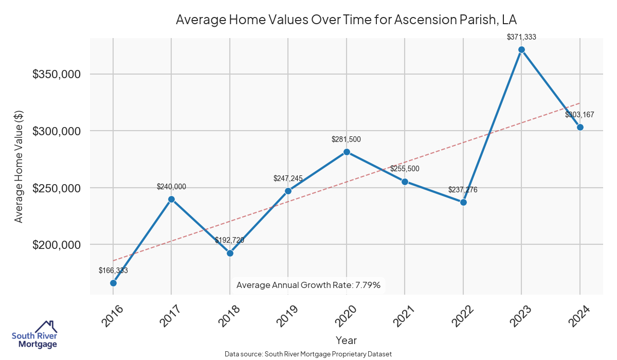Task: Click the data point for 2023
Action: tap(521, 50)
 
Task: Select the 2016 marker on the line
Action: tap(113, 283)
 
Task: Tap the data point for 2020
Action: tap(347, 152)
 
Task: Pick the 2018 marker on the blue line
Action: tap(230, 253)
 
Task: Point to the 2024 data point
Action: tap(580, 127)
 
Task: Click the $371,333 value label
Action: tap(521, 37)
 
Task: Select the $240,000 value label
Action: tap(171, 187)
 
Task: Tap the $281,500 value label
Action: tap(347, 139)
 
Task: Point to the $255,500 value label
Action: tap(405, 169)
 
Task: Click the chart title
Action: tap(346, 20)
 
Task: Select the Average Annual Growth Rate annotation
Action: tap(308, 285)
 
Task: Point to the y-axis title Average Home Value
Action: tap(19, 166)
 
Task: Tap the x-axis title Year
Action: tap(346, 340)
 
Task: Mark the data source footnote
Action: tap(308, 354)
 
